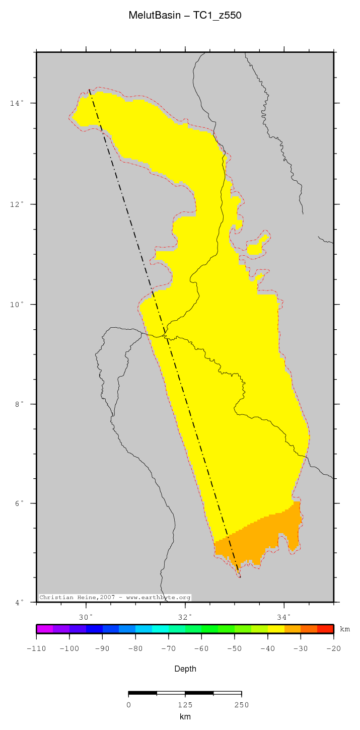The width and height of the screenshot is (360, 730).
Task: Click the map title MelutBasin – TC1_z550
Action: pyautogui.click(x=185, y=16)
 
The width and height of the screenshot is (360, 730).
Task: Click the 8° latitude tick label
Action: pyautogui.click(x=18, y=404)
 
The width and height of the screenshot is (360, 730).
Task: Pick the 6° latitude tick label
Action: pyautogui.click(x=18, y=503)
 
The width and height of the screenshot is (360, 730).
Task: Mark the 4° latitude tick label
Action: pyautogui.click(x=18, y=603)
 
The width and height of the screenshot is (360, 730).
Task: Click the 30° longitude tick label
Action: pyautogui.click(x=86, y=617)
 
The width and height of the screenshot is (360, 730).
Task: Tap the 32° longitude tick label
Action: pyautogui.click(x=185, y=617)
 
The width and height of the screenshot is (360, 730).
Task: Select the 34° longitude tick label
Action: pyautogui.click(x=284, y=617)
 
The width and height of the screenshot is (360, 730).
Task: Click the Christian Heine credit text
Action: pyautogui.click(x=115, y=598)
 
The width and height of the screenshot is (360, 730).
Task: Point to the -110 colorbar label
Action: pyautogui.click(x=36, y=648)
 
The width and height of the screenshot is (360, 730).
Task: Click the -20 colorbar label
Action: pyautogui.click(x=333, y=648)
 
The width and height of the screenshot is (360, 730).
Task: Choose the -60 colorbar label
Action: pyautogui.click(x=201, y=648)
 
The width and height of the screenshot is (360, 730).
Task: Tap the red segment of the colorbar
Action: pyautogui.click(x=325, y=629)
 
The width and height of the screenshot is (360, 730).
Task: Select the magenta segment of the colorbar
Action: pyautogui.click(x=44, y=629)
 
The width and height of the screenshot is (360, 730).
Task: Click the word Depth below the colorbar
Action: pyautogui.click(x=185, y=669)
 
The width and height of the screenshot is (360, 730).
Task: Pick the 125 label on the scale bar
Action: pyautogui.click(x=185, y=705)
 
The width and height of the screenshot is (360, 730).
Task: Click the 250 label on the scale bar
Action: pyautogui.click(x=241, y=705)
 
